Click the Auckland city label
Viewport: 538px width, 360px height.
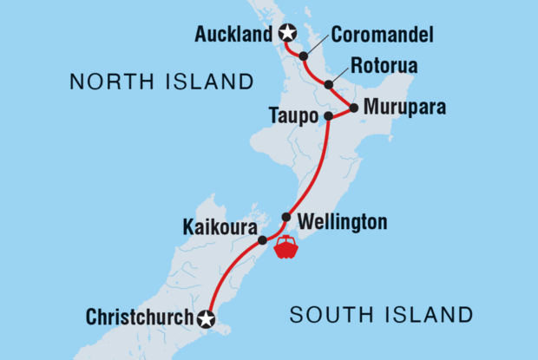[232, 35]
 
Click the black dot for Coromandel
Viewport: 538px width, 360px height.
[304, 56]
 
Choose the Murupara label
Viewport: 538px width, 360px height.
[405, 108]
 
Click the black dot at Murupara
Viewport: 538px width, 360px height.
[354, 108]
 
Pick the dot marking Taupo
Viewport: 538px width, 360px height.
[328, 116]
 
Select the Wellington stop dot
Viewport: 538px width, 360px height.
[285, 217]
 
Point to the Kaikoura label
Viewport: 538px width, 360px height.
[218, 228]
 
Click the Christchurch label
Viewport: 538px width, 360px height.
[139, 318]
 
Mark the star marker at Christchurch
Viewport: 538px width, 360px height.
[205, 318]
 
